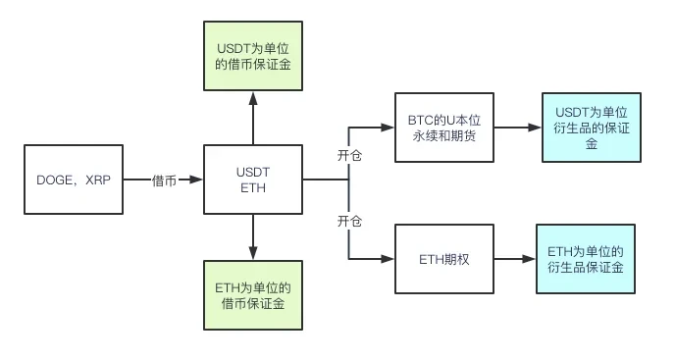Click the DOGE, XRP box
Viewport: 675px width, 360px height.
74,180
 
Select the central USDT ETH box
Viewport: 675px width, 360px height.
253,180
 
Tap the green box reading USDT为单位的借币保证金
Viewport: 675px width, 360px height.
253,56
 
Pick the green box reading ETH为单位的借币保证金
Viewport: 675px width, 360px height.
253,295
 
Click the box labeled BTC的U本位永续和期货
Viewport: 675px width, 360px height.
444,128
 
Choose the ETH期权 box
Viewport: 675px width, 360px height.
444,259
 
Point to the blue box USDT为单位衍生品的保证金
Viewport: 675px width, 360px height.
592,128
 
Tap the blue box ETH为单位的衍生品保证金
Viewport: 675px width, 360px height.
586,259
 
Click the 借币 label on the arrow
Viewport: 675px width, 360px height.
164,180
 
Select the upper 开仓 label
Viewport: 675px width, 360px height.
349,155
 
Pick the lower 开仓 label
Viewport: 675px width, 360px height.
349,222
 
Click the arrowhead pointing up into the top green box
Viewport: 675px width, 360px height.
253,99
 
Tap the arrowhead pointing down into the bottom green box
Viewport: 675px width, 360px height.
253,253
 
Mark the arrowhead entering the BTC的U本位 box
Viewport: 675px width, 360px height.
388,128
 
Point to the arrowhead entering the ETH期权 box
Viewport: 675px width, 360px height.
388,259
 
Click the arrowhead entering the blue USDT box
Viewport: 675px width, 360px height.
535,128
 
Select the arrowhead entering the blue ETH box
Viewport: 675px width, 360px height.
529,259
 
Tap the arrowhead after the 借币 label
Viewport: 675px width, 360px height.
196,180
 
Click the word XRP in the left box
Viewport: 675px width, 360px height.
98,180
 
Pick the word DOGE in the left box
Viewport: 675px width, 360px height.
55,180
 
